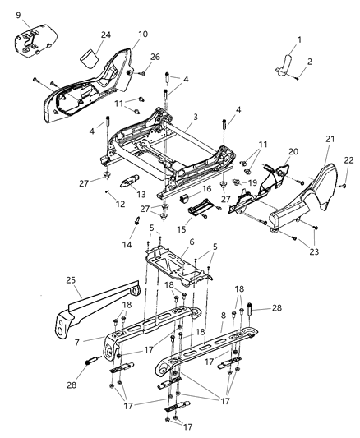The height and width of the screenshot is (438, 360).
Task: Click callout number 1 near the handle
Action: [299, 39]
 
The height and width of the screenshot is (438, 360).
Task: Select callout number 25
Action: [72, 282]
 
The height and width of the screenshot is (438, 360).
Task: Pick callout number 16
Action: [207, 188]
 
